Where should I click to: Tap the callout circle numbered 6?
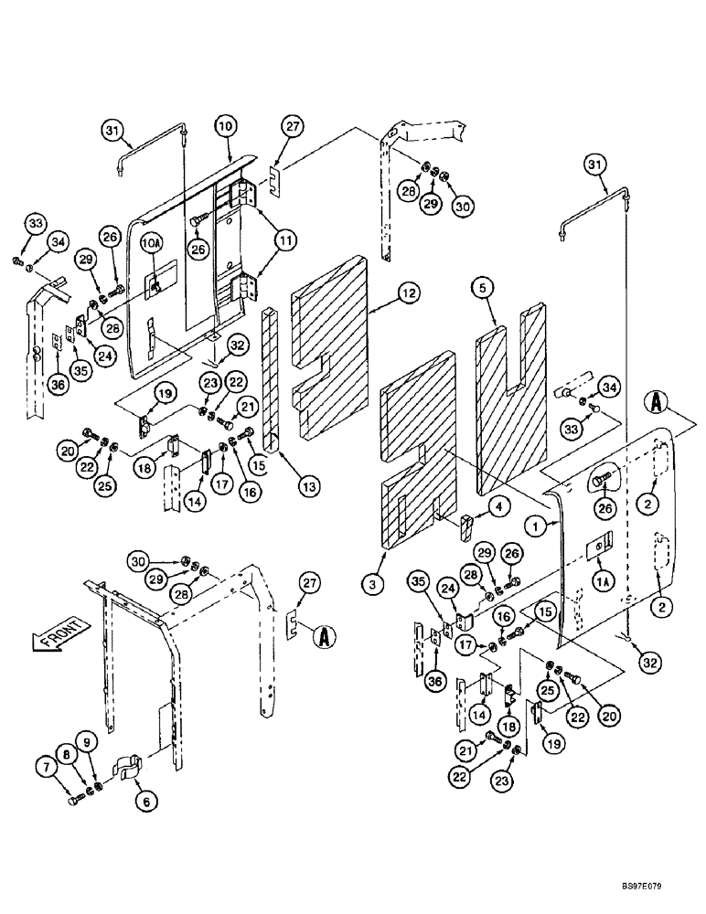144,801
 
